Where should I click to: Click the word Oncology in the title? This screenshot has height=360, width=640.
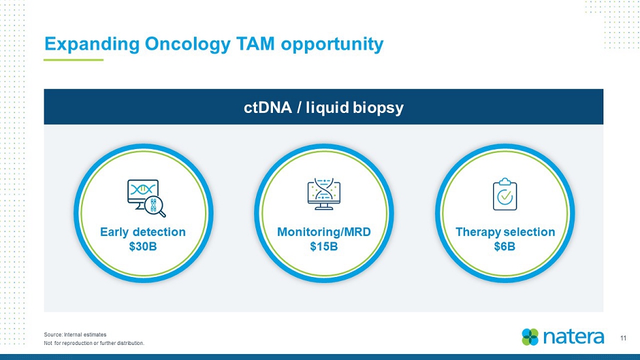click(x=188, y=44)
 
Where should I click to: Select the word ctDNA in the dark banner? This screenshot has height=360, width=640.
click(x=268, y=108)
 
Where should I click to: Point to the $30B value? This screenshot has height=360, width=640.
click(x=143, y=246)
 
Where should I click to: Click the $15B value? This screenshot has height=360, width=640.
click(x=324, y=246)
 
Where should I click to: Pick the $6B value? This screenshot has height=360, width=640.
click(x=504, y=246)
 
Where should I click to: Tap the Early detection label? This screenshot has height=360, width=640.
click(x=143, y=232)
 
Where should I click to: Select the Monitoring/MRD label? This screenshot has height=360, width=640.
click(x=324, y=232)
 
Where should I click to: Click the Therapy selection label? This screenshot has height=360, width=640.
click(x=505, y=232)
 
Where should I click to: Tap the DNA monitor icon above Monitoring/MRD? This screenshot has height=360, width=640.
click(x=324, y=194)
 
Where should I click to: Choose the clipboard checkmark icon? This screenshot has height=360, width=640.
click(x=505, y=194)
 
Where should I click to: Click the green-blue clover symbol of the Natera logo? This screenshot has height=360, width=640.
click(x=530, y=337)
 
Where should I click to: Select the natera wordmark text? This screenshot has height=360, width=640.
click(x=573, y=337)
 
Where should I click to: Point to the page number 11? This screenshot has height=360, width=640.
click(x=623, y=338)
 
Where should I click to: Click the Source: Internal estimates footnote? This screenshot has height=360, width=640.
click(x=75, y=335)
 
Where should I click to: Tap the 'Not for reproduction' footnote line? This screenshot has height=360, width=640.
click(x=94, y=343)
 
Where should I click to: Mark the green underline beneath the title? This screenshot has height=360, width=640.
click(x=73, y=60)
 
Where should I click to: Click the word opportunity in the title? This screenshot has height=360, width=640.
click(x=332, y=44)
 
